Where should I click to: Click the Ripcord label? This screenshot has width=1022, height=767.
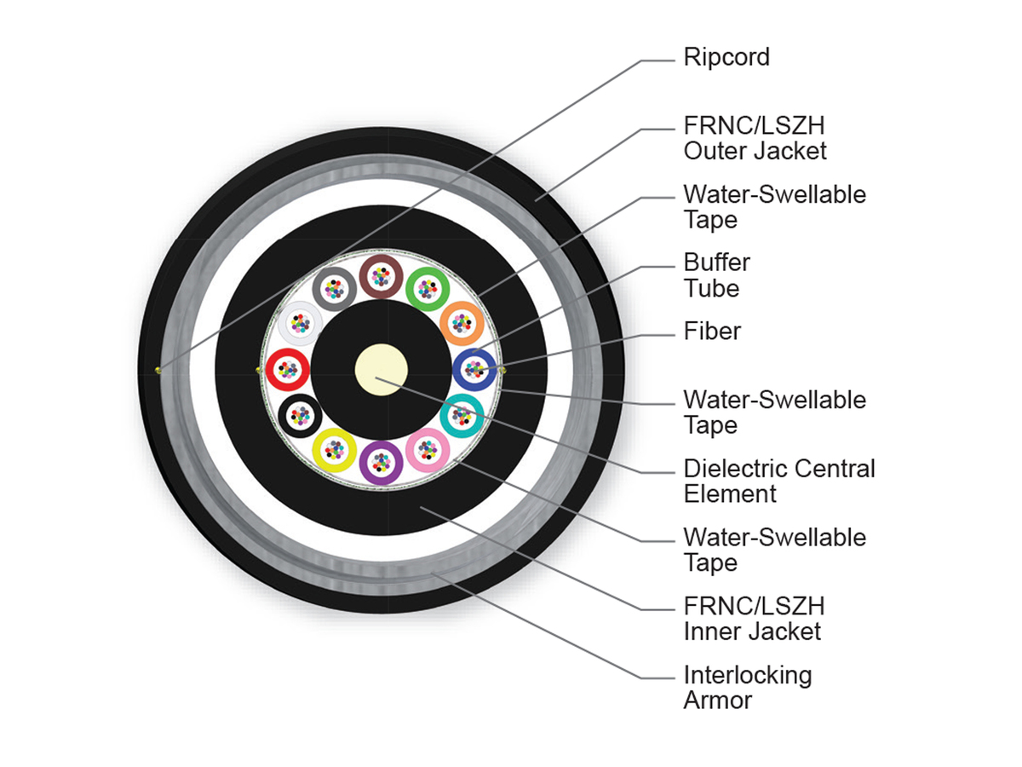pos(726,58)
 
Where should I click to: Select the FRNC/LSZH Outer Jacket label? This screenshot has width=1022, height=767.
pos(755,138)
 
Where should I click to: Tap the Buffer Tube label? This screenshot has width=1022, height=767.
pos(716,275)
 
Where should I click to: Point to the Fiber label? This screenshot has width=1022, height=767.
pos(712,332)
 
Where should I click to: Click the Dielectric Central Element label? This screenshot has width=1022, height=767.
pos(779,481)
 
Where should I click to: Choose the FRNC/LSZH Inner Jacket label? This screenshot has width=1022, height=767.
pos(754,619)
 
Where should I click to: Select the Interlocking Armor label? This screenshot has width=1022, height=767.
pos(747,688)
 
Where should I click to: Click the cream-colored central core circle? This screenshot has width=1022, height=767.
pos(382,370)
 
